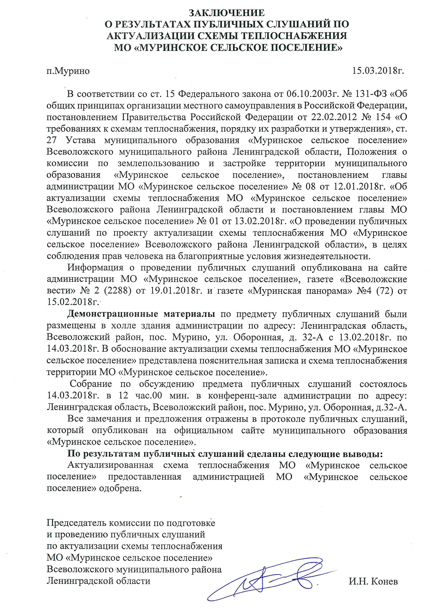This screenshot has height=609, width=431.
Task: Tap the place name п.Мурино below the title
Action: pos(68,71)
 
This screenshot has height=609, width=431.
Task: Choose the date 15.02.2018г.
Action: pos(73,302)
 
